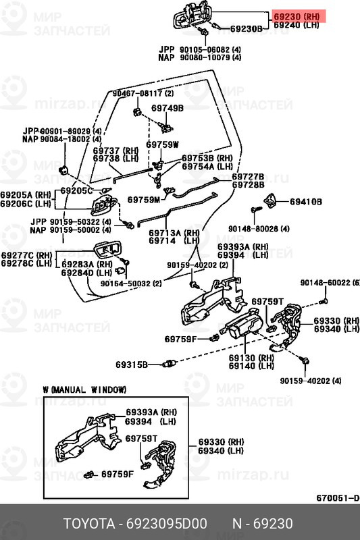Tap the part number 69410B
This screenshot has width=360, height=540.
point(306,202)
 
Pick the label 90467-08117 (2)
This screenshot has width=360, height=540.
point(143,93)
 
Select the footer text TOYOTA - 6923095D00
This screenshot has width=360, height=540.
point(135,524)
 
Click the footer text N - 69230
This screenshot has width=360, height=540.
point(263,524)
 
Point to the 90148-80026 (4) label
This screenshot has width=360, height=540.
point(257,229)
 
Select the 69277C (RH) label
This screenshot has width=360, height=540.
point(26,255)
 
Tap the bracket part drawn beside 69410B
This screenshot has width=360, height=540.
point(271,200)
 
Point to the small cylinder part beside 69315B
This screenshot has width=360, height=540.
point(171,364)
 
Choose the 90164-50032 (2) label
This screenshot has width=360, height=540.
point(131,284)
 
